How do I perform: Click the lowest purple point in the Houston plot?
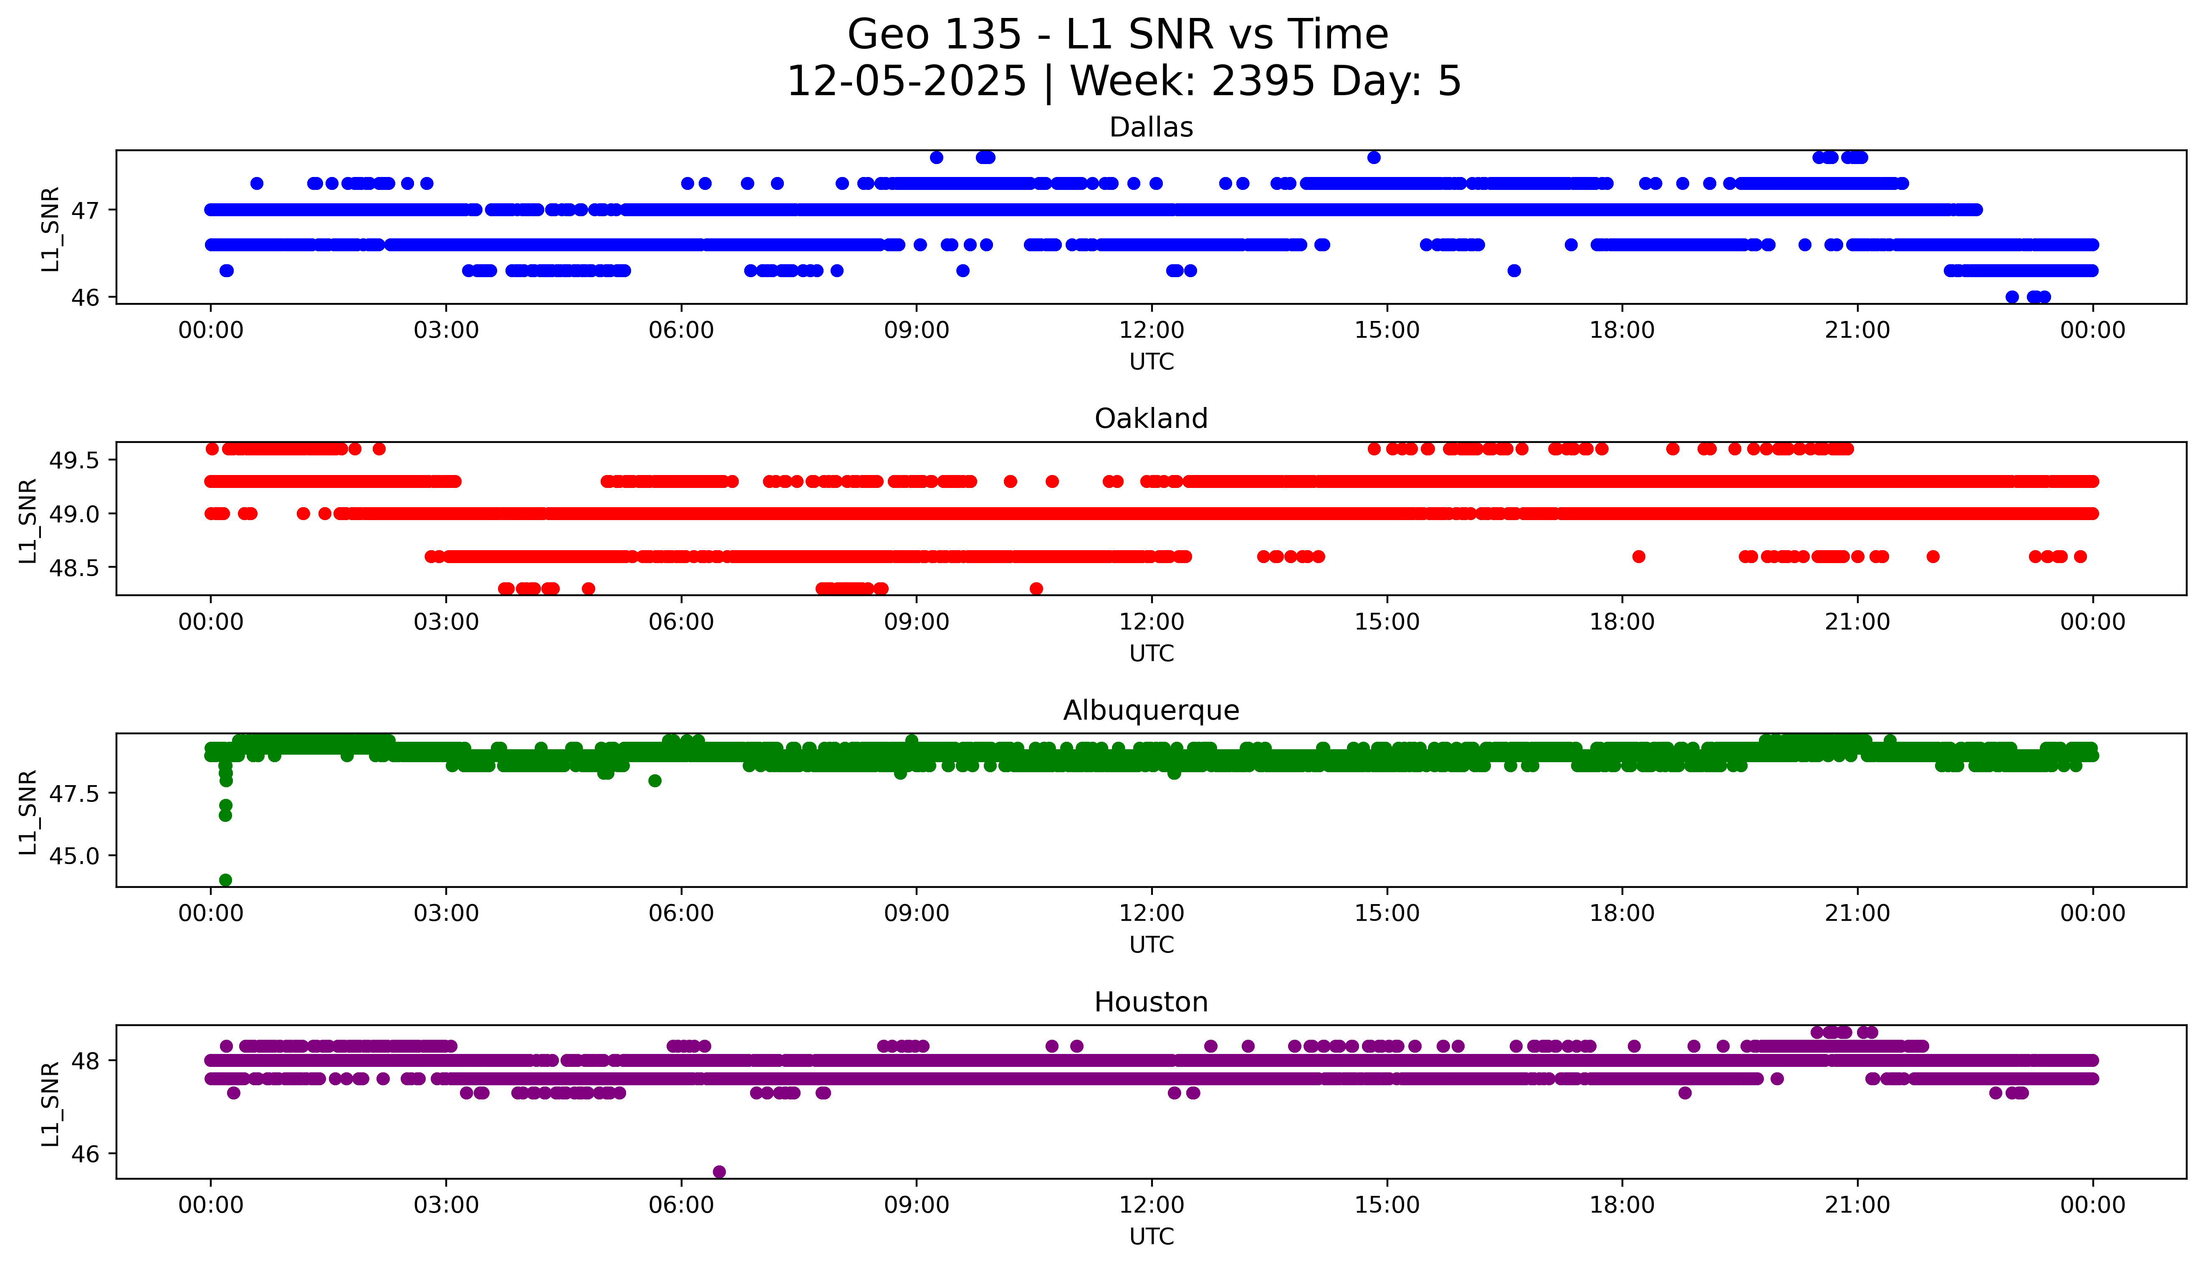click(719, 1171)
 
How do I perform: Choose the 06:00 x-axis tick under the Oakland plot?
click(681, 622)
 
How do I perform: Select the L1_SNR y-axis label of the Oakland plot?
click(28, 520)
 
